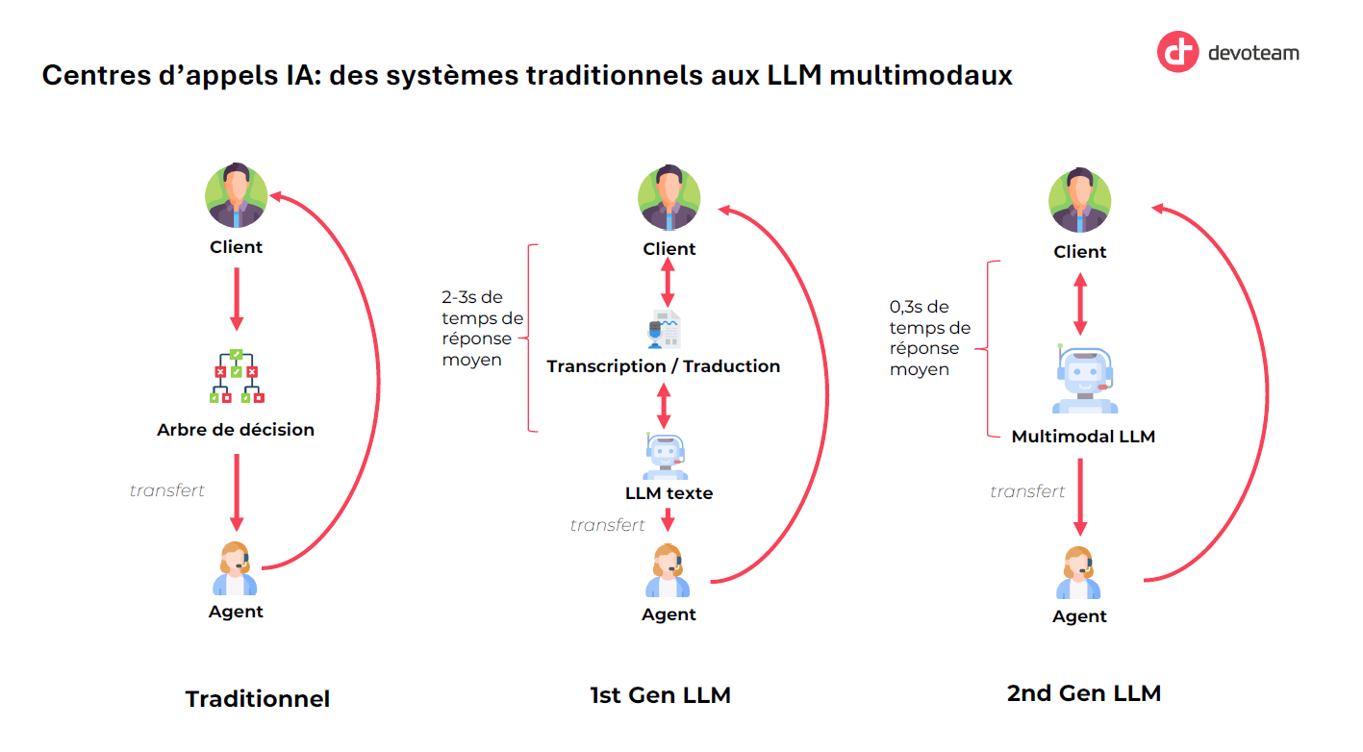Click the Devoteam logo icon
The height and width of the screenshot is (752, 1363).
pos(1177,52)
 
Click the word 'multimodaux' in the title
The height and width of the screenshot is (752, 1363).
pos(921,75)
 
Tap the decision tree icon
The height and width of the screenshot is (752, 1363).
pos(237,376)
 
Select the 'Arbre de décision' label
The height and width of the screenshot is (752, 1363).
pos(236,430)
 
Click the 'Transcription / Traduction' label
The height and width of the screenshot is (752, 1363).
pos(664,366)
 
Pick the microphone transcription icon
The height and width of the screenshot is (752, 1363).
pos(664,329)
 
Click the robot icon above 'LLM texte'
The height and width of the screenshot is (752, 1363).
pos(665,456)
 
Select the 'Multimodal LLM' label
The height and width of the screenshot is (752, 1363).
pos(1083,437)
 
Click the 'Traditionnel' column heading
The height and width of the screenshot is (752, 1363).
pos(258,698)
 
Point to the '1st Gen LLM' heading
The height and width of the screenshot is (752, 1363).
pos(661,695)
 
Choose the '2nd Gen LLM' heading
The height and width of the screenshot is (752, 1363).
pos(1084,693)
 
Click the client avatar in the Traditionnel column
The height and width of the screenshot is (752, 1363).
pos(236,195)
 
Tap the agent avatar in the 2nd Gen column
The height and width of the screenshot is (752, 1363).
pos(1078,572)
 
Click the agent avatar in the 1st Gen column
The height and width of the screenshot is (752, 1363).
pos(668,570)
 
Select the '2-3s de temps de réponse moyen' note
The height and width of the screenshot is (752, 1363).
pos(482,329)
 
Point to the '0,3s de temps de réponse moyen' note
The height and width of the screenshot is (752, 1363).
pos(930,338)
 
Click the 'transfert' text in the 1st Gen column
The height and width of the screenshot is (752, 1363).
pos(607,525)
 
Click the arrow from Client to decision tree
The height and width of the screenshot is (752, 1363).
pos(237,299)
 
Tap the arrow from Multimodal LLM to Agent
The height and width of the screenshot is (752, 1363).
pos(1080,497)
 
